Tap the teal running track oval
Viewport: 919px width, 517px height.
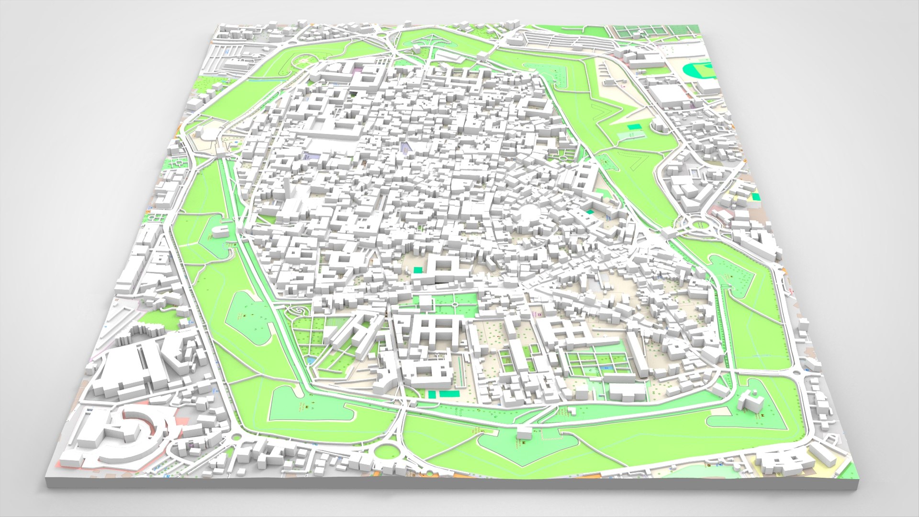[x=697, y=71]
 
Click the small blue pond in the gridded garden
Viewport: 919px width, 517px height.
[x=312, y=359]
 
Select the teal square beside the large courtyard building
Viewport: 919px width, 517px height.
[x=418, y=270]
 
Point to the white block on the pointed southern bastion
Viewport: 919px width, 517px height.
[x=524, y=433]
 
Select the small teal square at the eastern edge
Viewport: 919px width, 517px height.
[x=755, y=196]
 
